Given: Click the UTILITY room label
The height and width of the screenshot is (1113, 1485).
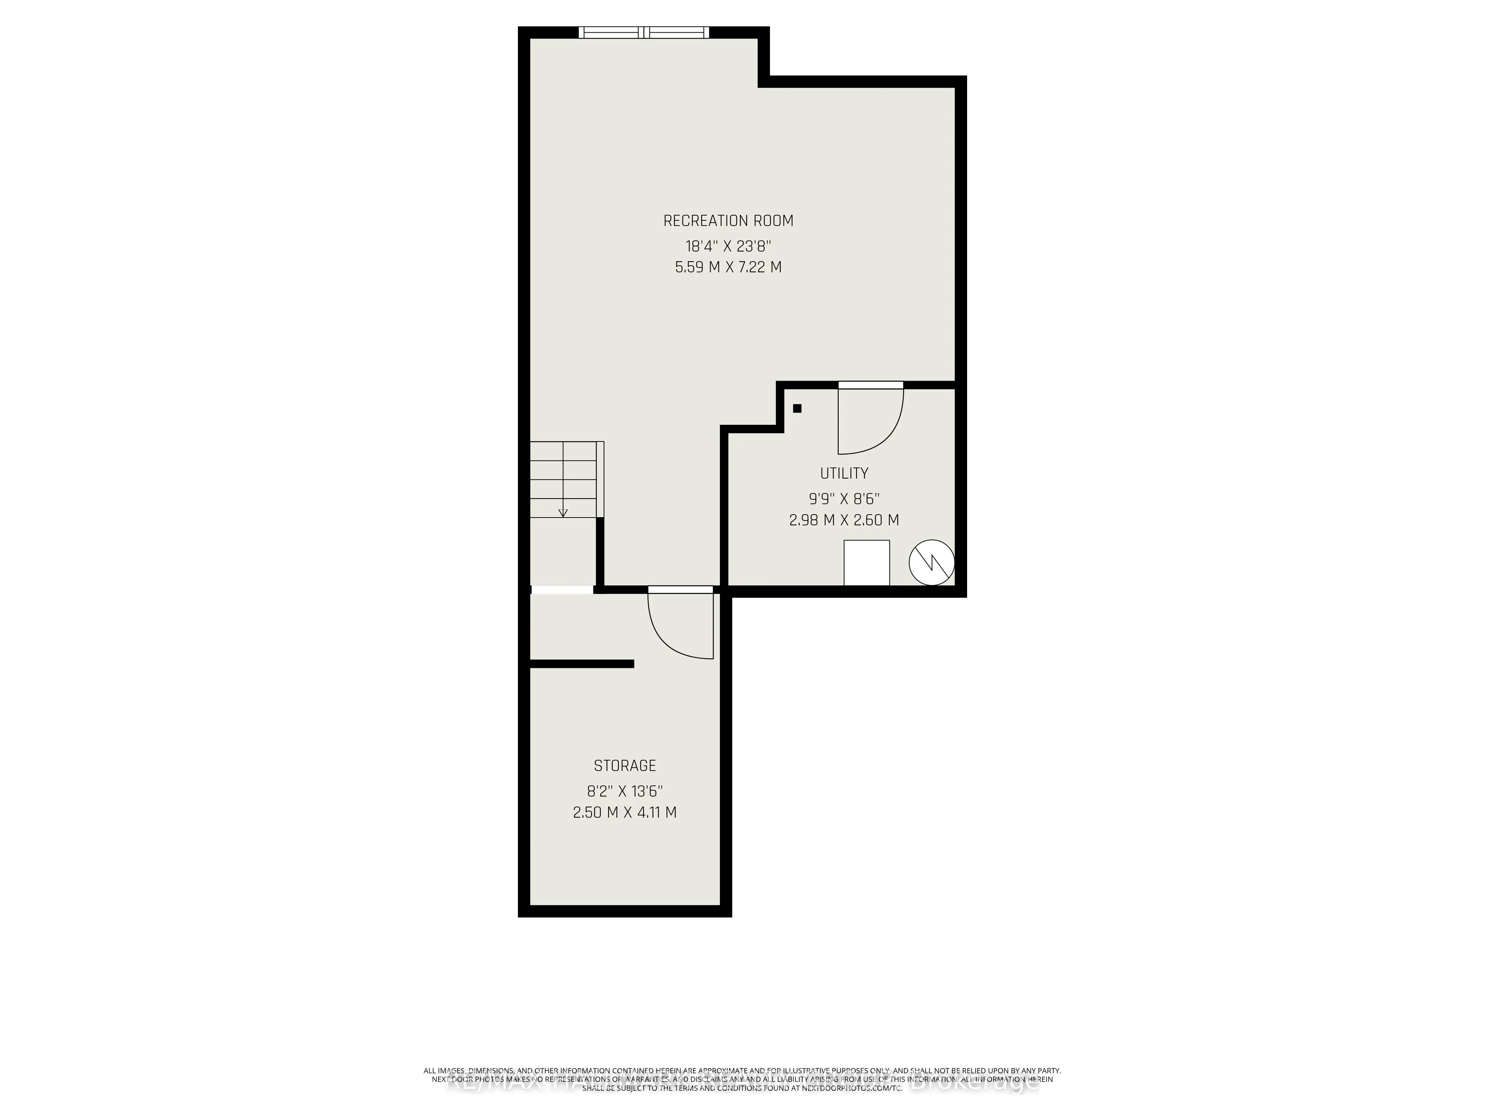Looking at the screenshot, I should tap(844, 473).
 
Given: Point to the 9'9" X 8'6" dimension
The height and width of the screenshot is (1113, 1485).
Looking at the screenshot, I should tap(844, 499).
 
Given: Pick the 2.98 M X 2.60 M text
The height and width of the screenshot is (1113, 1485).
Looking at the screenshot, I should tap(844, 520).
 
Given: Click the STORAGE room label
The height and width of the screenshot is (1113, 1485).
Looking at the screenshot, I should tap(624, 765).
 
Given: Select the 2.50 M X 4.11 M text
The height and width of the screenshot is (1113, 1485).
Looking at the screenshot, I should tap(624, 812).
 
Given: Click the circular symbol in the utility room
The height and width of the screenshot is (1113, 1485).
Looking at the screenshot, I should tap(931, 562).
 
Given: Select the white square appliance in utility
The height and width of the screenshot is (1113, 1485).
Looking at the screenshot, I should tap(866, 562).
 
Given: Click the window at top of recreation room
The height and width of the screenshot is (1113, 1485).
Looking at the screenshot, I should tap(644, 32).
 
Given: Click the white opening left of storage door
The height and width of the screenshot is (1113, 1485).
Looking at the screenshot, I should tap(562, 590).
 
